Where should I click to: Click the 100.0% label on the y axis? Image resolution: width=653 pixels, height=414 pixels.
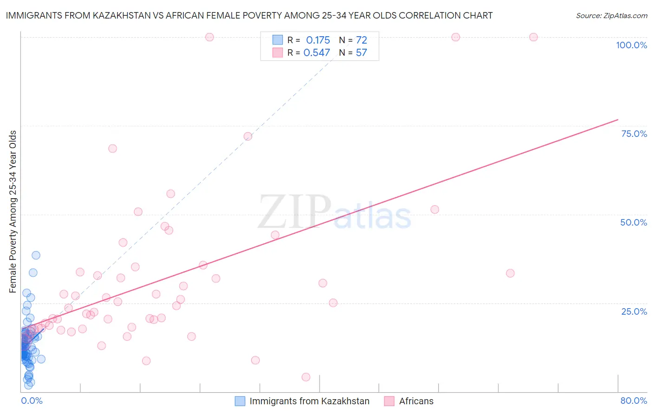point(631,45)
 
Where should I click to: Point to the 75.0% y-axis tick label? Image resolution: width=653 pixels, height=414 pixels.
point(634,134)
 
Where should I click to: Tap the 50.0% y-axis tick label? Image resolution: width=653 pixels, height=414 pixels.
point(633,222)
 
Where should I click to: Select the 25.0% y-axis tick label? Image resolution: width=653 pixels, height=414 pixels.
point(634,311)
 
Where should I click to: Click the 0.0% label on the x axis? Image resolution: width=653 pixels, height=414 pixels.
point(32,401)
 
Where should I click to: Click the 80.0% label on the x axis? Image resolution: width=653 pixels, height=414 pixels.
point(633,401)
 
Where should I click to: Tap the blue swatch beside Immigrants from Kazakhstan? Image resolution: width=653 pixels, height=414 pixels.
point(240,401)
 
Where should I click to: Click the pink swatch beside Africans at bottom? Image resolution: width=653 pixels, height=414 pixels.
point(389,401)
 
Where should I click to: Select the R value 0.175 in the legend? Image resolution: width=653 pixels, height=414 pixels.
point(318,40)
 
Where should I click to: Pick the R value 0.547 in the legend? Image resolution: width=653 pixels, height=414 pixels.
point(316,52)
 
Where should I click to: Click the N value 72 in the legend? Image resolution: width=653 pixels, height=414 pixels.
point(361,40)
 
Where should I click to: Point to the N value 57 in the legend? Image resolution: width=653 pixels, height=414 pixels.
point(361,52)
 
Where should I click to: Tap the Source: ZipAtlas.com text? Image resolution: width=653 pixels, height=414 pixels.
point(611,15)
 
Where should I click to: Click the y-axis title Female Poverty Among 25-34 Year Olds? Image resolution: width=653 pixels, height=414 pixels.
point(13,212)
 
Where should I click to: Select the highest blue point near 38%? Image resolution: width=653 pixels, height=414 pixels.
point(36,255)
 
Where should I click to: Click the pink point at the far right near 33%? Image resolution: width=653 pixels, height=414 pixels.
point(510,273)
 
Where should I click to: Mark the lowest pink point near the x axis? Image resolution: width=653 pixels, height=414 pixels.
point(306,377)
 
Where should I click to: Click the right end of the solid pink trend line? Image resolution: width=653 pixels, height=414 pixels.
point(618,120)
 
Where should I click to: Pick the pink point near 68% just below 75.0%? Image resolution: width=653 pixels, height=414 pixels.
point(112,149)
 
